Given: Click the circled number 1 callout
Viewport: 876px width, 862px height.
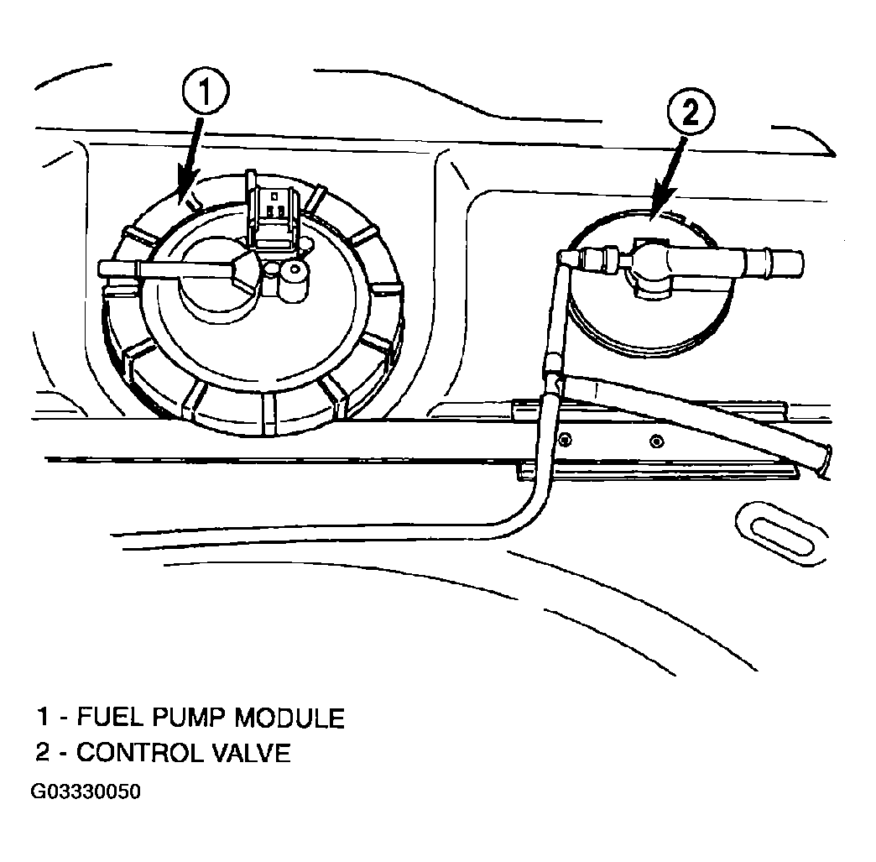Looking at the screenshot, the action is point(205,92).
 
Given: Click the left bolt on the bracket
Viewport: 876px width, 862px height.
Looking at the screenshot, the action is point(566,439).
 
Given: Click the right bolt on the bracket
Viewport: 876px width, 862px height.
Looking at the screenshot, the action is point(657,441).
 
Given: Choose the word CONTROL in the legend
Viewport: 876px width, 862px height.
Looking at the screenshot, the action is point(140,753).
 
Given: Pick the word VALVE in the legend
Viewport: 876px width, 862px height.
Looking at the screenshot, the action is point(252,753).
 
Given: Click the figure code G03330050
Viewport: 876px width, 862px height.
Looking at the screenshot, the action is point(86,791).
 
